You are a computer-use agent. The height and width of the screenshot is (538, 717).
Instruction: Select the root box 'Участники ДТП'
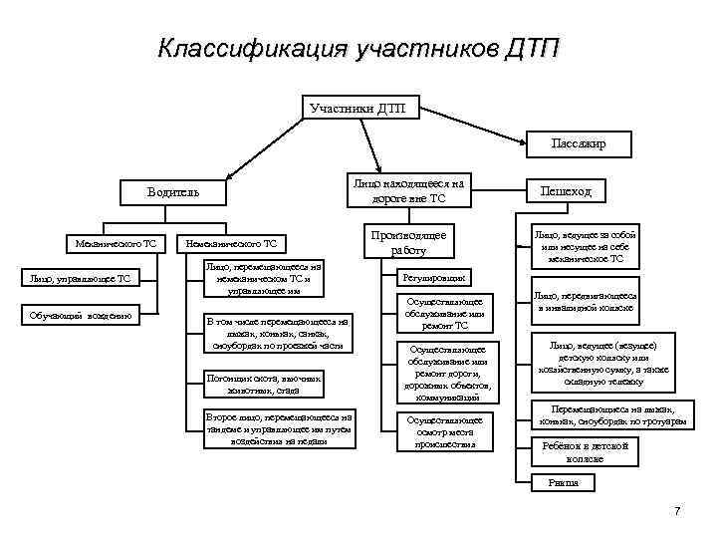[x=358, y=107]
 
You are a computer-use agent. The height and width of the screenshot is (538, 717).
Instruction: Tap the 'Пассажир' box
[x=579, y=144]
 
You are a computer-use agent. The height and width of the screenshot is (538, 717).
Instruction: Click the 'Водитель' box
[x=173, y=192]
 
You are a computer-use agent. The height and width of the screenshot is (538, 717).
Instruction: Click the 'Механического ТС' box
[x=110, y=243]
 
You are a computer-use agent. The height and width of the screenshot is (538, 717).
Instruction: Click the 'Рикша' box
[x=563, y=482]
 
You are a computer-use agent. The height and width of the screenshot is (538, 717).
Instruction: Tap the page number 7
[x=677, y=511]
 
